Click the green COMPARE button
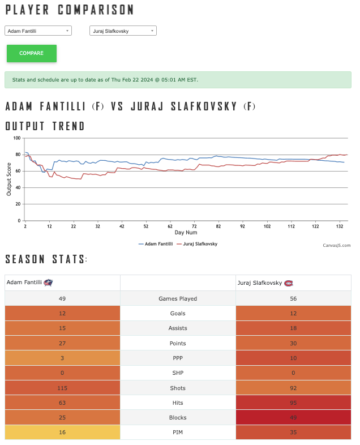[x=32, y=53]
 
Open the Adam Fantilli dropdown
[x=38, y=31]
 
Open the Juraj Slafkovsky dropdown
[x=123, y=31]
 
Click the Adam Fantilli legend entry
[x=156, y=244]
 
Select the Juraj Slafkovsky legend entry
[x=197, y=244]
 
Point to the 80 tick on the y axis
[x=18, y=155]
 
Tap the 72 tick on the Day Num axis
[x=194, y=226]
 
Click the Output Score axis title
[x=9, y=179]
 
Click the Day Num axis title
[x=186, y=233]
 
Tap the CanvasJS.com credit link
[x=336, y=246]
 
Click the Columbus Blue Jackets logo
[x=48, y=283]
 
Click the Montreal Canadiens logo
[x=289, y=283]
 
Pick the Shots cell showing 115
[x=62, y=388]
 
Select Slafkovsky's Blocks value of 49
[x=293, y=417]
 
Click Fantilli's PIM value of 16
[x=62, y=432]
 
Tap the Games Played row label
[x=178, y=298]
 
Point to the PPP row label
[x=178, y=358]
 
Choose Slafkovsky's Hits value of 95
[x=293, y=403]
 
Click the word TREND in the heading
[x=68, y=126]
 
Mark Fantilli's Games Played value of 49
[x=62, y=298]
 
